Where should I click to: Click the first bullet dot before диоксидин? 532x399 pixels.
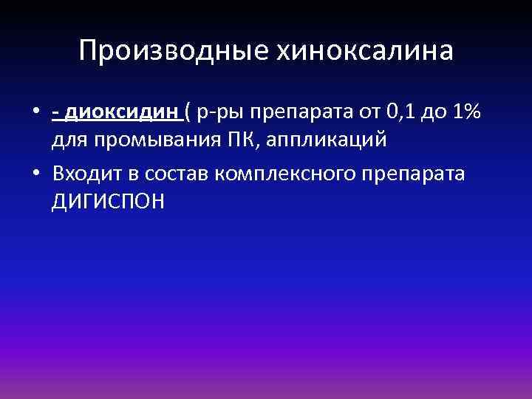coord(35,112)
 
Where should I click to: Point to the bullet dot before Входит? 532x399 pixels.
coord(35,173)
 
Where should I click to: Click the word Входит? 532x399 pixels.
coord(88,173)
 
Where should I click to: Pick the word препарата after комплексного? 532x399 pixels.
coord(423,174)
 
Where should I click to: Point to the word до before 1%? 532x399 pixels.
coord(432,112)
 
